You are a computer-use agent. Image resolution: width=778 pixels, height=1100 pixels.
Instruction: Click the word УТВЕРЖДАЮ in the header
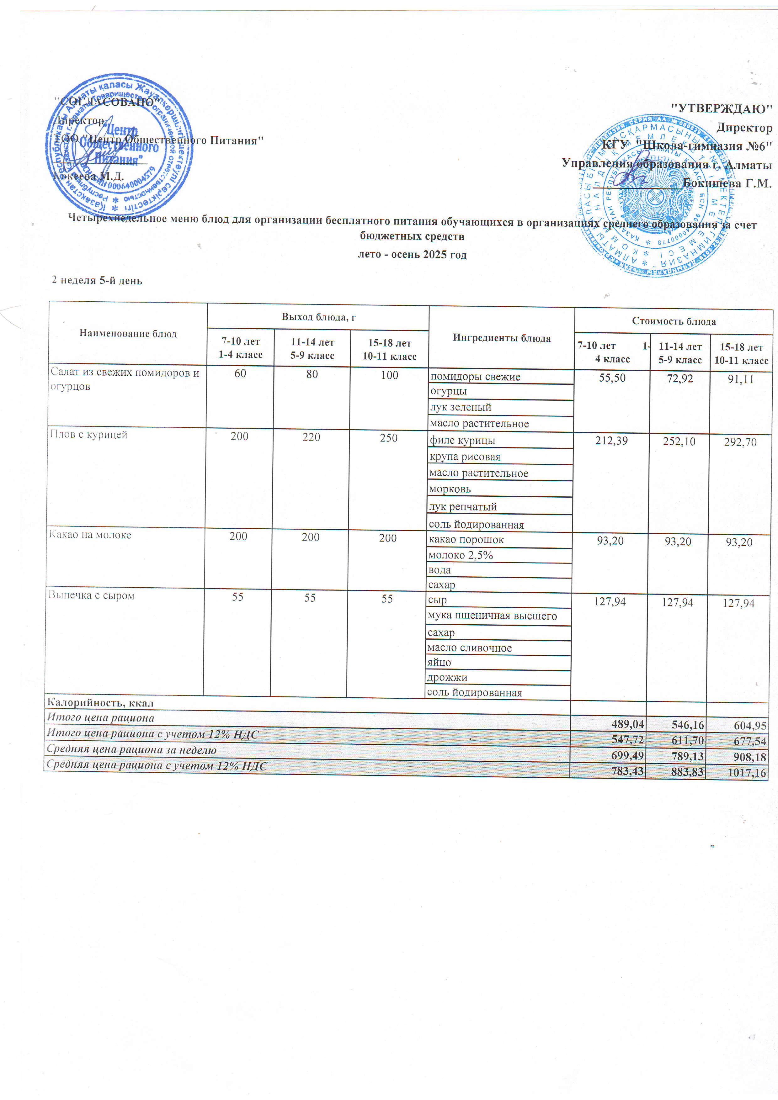pyautogui.click(x=722, y=108)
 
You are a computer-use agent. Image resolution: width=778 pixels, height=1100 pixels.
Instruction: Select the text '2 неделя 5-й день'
pyautogui.click(x=97, y=280)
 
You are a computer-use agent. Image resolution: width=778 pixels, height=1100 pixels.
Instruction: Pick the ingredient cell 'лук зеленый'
pyautogui.click(x=461, y=407)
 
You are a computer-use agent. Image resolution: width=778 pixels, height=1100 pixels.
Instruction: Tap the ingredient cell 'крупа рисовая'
pyautogui.click(x=465, y=457)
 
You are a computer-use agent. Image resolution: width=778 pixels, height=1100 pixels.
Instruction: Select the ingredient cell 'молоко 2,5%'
pyautogui.click(x=461, y=555)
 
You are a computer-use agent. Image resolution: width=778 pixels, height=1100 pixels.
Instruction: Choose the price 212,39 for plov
pyautogui.click(x=611, y=441)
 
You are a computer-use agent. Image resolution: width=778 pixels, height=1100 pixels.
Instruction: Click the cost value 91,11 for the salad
pyautogui.click(x=741, y=379)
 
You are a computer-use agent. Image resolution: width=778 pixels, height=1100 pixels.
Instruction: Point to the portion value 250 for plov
pyautogui.click(x=388, y=438)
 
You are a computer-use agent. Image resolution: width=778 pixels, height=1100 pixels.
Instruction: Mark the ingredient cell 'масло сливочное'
pyautogui.click(x=469, y=648)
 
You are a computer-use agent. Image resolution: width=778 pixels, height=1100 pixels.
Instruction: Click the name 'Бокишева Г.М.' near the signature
pyautogui.click(x=727, y=183)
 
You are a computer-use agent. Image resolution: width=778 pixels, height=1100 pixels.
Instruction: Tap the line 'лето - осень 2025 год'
pyautogui.click(x=412, y=254)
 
